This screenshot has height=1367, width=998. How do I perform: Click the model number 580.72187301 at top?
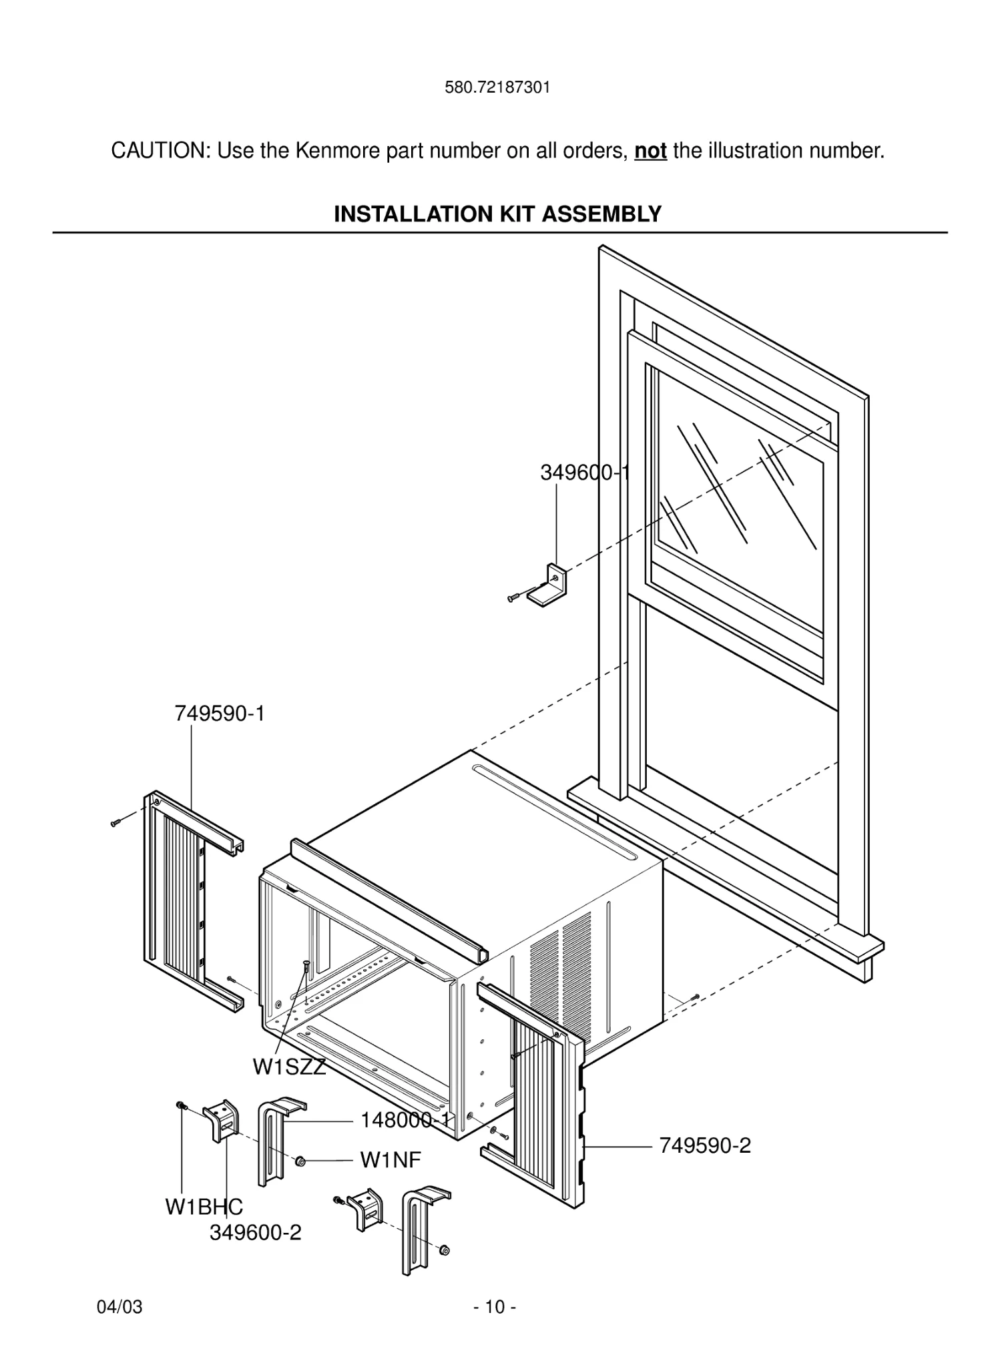(497, 87)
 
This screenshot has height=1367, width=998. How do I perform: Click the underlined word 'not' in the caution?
(650, 151)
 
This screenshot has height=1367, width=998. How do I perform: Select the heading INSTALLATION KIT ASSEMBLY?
(497, 214)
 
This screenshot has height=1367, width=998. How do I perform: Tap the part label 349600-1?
(585, 473)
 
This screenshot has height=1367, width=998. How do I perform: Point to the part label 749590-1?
(220, 714)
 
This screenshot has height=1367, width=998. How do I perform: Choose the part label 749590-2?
(705, 1145)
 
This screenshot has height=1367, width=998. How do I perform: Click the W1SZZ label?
(288, 1067)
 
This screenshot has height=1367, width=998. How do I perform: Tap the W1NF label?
(391, 1160)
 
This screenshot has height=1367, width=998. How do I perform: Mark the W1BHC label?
(204, 1207)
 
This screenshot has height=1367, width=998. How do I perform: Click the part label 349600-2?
(255, 1232)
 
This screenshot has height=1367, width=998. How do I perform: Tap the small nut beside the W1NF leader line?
(300, 1162)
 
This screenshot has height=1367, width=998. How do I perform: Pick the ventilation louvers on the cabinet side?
(561, 968)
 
